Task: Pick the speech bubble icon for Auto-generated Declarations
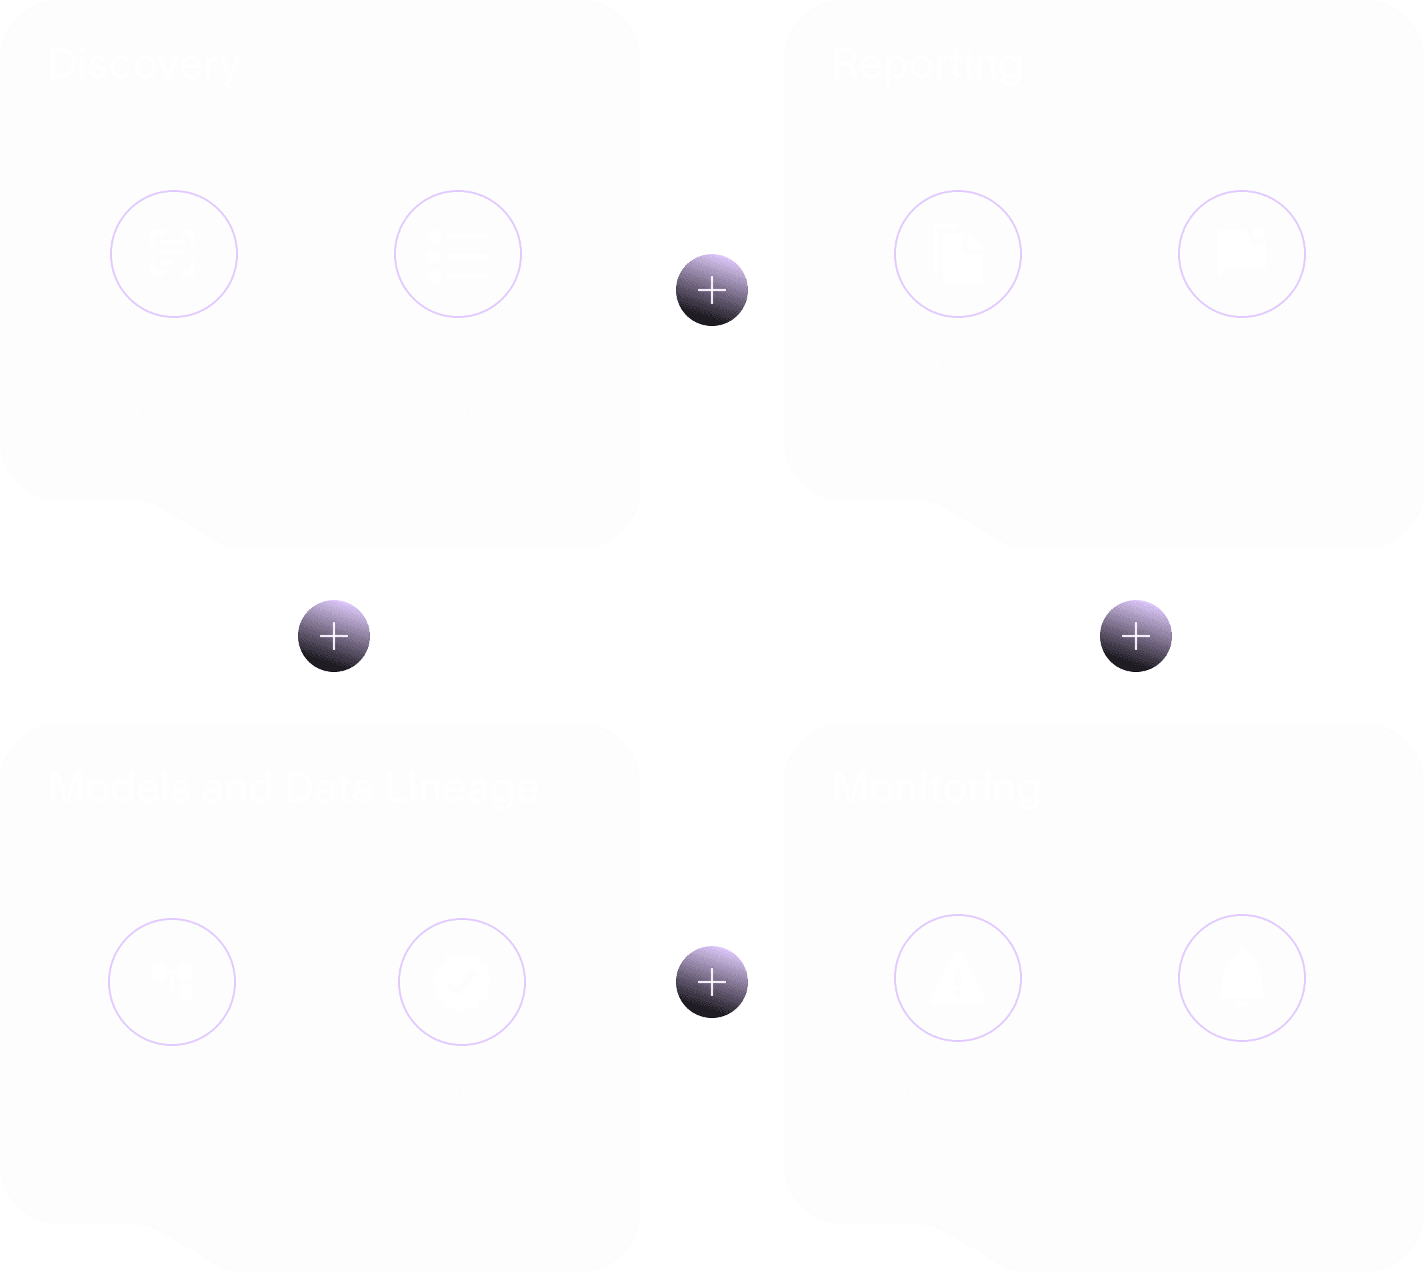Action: point(1241,251)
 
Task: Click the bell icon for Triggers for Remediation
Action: point(1241,979)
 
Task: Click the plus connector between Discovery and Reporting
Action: point(712,290)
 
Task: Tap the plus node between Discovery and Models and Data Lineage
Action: point(334,636)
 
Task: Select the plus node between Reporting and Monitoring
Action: point(1136,636)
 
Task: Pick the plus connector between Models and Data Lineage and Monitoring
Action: point(712,982)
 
